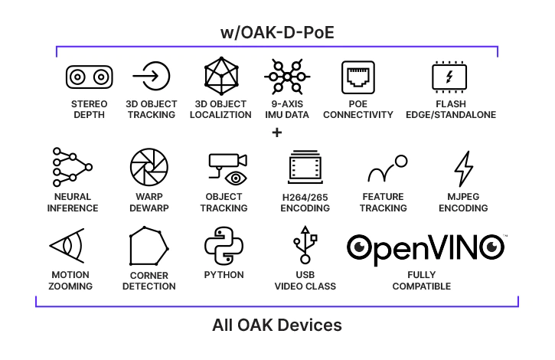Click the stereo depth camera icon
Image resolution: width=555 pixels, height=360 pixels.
tap(90, 77)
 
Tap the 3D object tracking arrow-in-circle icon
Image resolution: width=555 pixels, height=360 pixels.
tap(151, 77)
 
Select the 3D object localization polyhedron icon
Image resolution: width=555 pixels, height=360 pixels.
tap(222, 77)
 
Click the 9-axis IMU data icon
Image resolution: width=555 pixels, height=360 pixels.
tap(286, 77)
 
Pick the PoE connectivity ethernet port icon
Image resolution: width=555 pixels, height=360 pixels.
tap(357, 77)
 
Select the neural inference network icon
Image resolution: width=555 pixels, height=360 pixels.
tap(72, 168)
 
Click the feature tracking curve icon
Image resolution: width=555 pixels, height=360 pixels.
tap(387, 169)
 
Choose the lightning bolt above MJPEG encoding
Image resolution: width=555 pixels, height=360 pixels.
tap(463, 169)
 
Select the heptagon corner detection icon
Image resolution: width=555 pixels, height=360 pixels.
tap(149, 247)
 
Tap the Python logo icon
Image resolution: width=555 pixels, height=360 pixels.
tap(224, 246)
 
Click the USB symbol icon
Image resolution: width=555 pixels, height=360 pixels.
tap(305, 247)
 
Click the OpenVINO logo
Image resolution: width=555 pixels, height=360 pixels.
tap(426, 247)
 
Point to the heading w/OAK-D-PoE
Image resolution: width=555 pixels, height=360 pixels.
tap(277, 34)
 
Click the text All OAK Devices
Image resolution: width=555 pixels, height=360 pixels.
tap(277, 326)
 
